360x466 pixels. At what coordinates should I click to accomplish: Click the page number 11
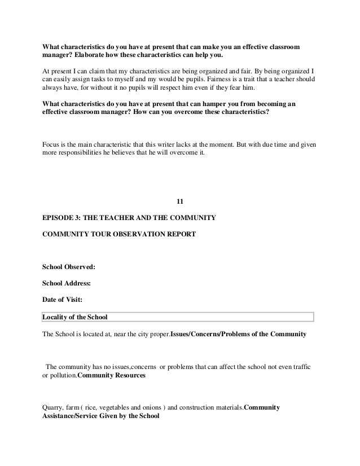pyautogui.click(x=180, y=201)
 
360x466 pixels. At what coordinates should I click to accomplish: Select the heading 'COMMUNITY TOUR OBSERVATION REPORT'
pyautogui.click(x=119, y=232)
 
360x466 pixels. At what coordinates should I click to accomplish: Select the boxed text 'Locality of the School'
pyautogui.click(x=75, y=316)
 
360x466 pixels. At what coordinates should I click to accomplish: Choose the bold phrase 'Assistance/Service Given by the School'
pyautogui.click(x=101, y=417)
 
